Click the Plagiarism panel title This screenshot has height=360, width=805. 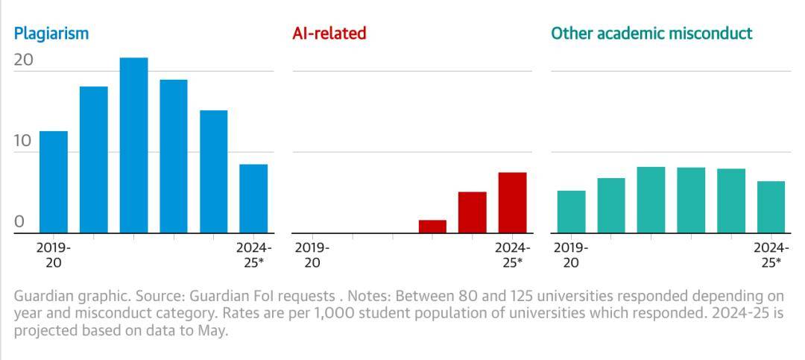[x=51, y=34]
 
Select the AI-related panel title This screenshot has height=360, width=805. [x=329, y=34]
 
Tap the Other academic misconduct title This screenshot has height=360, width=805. [x=651, y=34]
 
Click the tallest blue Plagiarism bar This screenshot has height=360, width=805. [x=133, y=145]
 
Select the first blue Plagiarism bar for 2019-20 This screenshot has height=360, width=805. [x=54, y=182]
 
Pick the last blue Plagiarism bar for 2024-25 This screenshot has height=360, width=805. [x=253, y=198]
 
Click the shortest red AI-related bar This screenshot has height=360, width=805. [x=432, y=227]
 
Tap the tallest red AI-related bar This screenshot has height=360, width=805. [x=512, y=203]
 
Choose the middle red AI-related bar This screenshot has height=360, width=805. [x=473, y=212]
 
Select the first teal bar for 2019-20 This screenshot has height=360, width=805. [x=572, y=212]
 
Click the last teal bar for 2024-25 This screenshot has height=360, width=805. [x=771, y=207]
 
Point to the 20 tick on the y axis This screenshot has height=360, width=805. [x=24, y=60]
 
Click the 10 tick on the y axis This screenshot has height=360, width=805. [x=24, y=141]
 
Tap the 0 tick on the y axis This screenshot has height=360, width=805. [x=19, y=221]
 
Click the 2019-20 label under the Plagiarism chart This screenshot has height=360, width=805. [x=53, y=255]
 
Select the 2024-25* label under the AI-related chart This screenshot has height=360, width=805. [x=512, y=255]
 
